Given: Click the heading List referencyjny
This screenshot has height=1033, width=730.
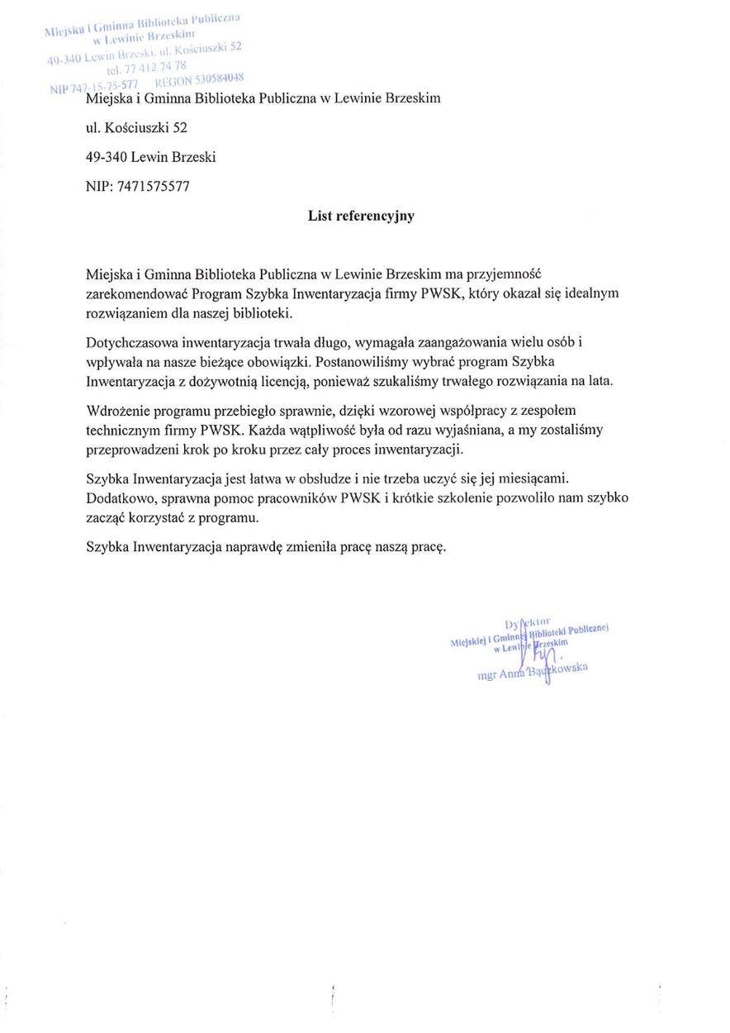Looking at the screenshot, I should pyautogui.click(x=361, y=216).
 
